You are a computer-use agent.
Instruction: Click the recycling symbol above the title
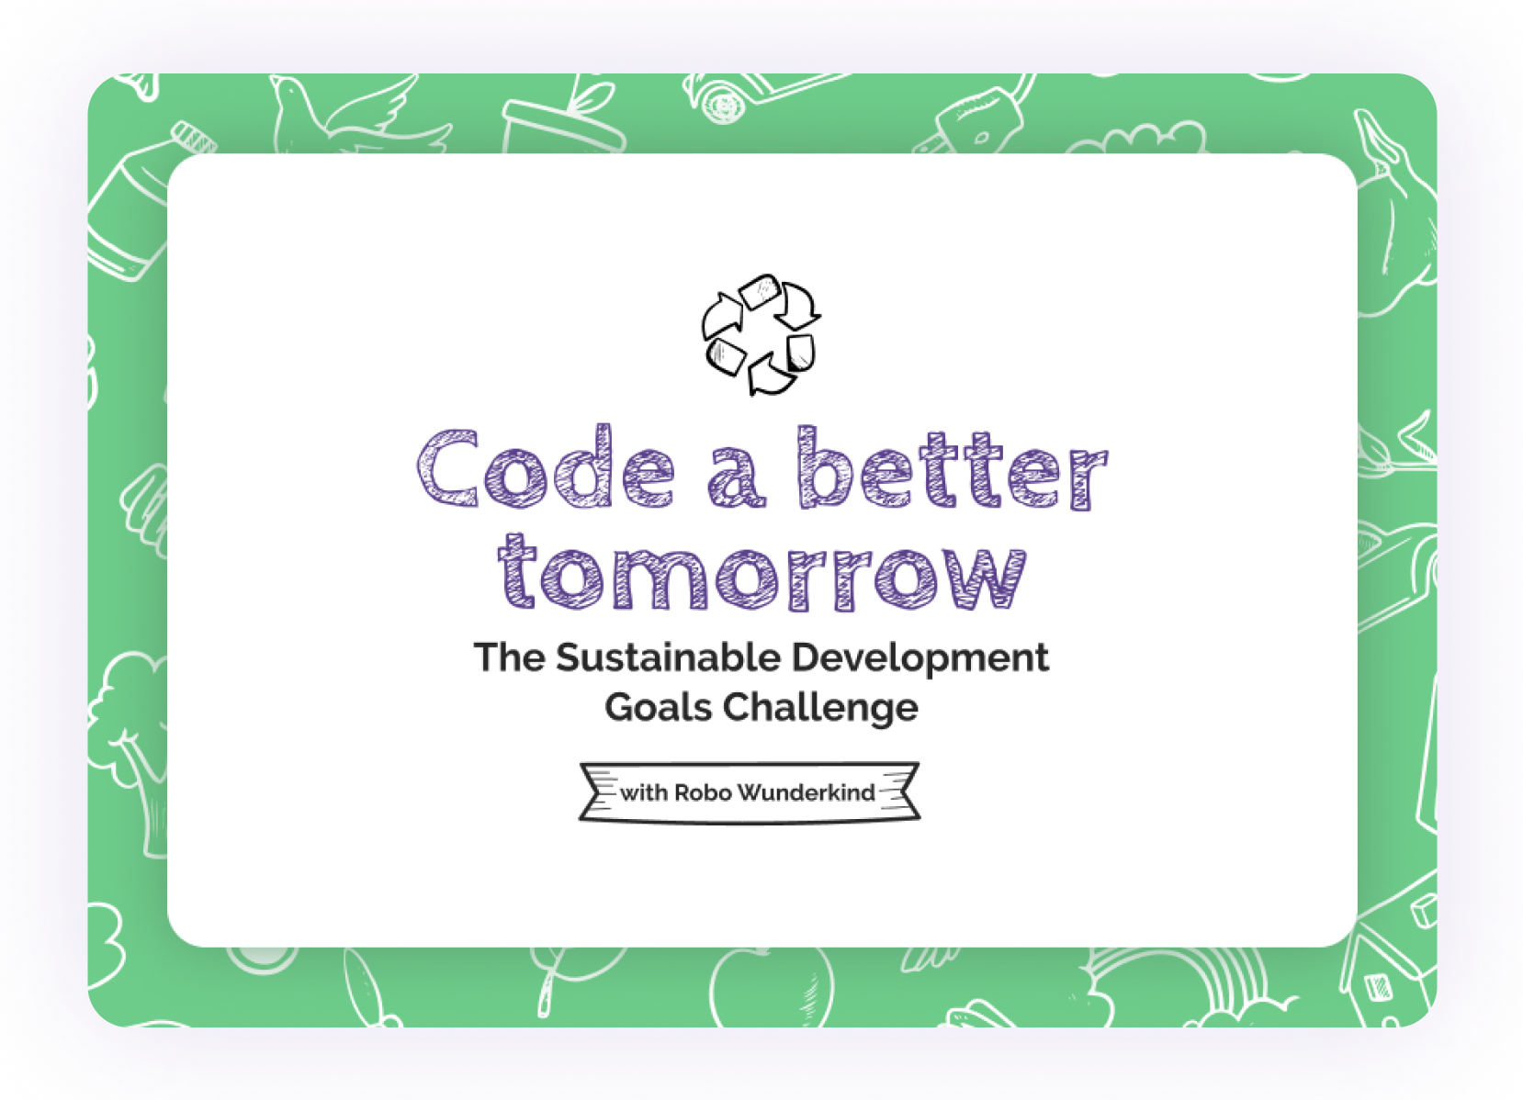coord(761,335)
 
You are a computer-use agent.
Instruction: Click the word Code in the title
coord(546,468)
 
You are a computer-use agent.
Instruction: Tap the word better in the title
coord(953,468)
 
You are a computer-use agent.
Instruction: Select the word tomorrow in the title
coord(761,574)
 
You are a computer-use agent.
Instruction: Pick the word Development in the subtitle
coord(919,658)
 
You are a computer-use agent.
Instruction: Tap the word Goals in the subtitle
coord(659,708)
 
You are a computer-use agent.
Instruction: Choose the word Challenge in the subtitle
coord(820,708)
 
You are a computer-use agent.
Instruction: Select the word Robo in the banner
coord(703,792)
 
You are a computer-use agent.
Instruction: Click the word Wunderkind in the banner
coord(806,792)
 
